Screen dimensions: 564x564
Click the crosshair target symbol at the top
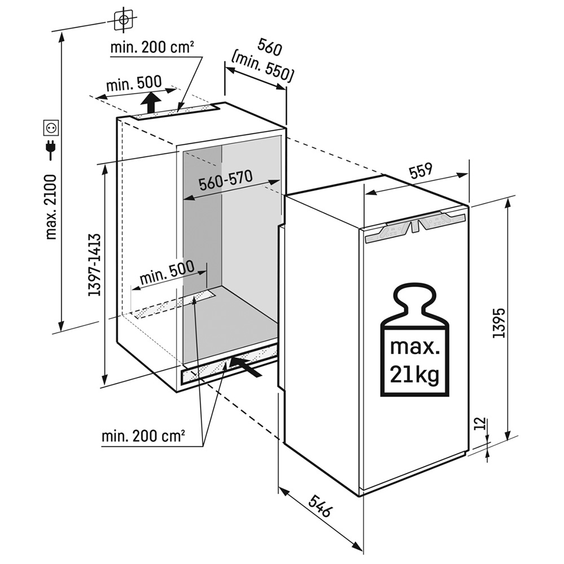pos(124,20)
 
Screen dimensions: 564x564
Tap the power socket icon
pos(51,127)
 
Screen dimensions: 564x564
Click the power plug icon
pos(51,149)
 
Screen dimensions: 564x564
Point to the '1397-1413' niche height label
pos(94,265)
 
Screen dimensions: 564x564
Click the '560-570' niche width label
pos(225,183)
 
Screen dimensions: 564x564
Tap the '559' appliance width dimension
pos(420,171)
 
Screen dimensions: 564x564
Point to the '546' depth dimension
pos(319,505)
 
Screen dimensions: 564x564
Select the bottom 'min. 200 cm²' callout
pos(144,436)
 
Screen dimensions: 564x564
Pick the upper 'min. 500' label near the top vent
pos(134,84)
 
